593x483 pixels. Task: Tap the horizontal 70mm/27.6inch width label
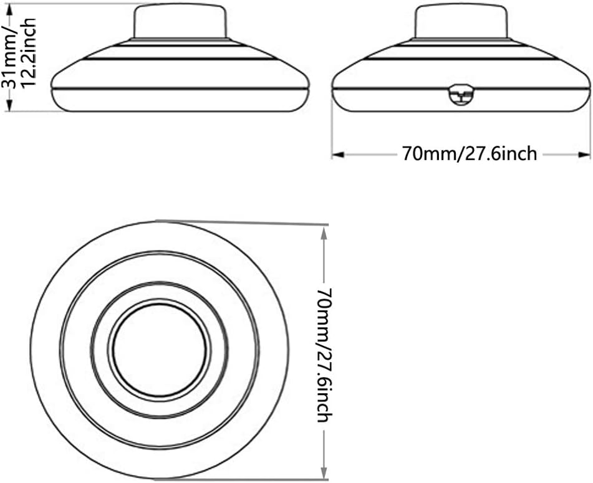pos(470,154)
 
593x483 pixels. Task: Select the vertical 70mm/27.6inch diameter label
pos(324,355)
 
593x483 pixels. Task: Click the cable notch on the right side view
pos(461,95)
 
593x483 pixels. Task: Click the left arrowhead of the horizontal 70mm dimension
pos(338,155)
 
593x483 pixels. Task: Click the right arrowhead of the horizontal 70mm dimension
pos(584,155)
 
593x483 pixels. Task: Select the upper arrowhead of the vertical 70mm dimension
pos(324,234)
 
